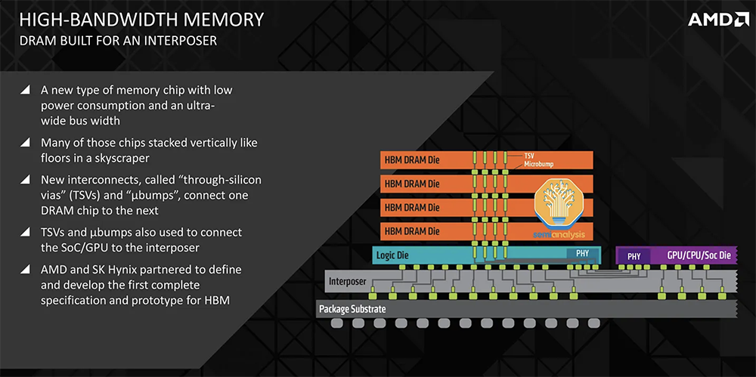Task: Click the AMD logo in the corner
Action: click(x=718, y=20)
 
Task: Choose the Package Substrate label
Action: click(x=352, y=309)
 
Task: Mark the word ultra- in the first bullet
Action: click(x=199, y=105)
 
